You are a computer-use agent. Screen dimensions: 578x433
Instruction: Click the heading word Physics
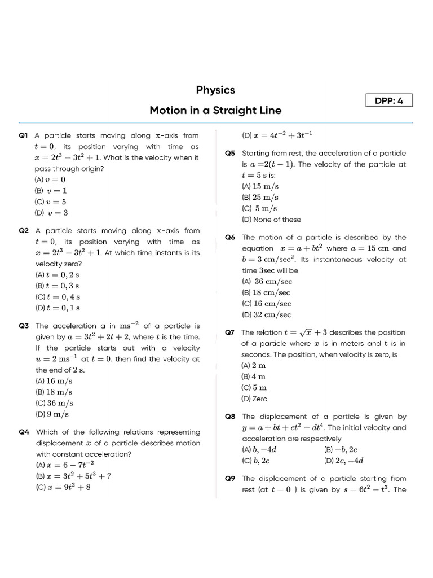click(215, 90)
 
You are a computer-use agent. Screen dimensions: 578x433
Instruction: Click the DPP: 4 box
click(389, 100)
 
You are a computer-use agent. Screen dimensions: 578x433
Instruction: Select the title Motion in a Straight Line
click(215, 111)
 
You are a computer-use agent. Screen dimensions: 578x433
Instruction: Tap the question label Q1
click(24, 135)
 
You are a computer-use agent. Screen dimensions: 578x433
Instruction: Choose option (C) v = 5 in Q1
click(51, 202)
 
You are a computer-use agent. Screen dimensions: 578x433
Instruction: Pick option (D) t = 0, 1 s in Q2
click(57, 308)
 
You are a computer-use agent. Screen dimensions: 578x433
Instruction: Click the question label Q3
click(24, 326)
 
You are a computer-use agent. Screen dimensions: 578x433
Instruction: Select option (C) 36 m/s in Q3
click(54, 403)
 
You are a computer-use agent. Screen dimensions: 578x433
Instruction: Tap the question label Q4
click(24, 432)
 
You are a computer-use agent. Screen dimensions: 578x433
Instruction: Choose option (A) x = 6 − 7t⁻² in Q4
click(64, 465)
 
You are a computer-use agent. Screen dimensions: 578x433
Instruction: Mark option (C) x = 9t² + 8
click(63, 487)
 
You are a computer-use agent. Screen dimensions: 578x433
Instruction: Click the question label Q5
click(230, 154)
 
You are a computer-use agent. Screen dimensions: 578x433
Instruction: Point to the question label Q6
click(230, 238)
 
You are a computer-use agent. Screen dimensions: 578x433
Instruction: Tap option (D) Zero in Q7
click(254, 399)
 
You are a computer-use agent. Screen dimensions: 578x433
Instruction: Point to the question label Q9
click(230, 479)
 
